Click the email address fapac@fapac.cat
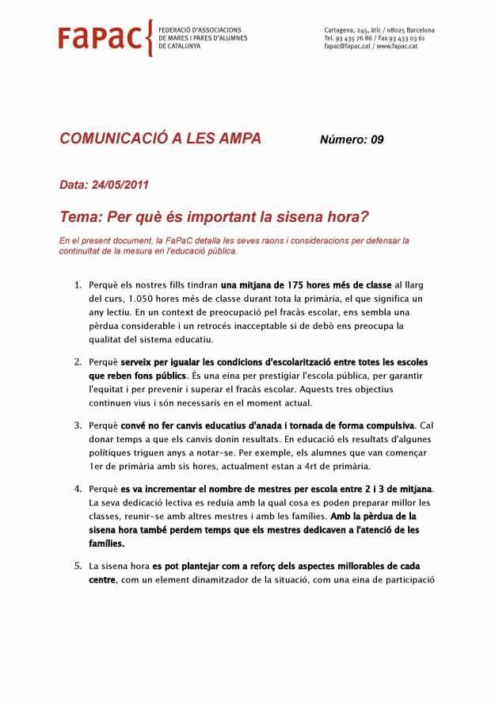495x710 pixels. (347, 47)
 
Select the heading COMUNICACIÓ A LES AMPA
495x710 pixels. (160, 139)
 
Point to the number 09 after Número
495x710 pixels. (376, 140)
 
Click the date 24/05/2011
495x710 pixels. (120, 185)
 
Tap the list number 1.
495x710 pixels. (77, 284)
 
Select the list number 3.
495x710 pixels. (78, 425)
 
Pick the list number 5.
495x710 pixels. (78, 566)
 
